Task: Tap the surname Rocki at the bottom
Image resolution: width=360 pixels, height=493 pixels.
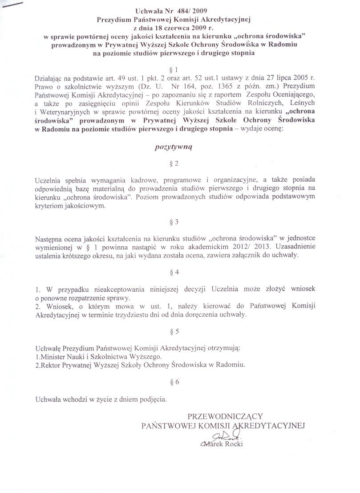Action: pyautogui.click(x=234, y=444)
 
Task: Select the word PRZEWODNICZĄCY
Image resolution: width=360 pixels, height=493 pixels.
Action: pyautogui.click(x=226, y=416)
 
